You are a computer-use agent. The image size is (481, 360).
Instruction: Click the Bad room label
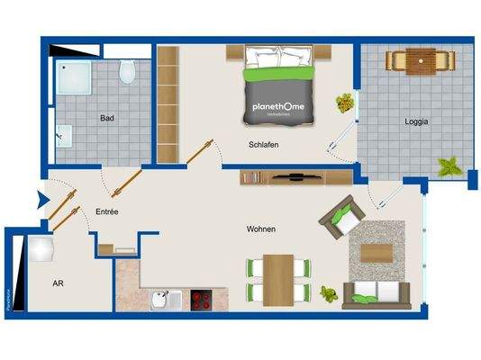click(107, 118)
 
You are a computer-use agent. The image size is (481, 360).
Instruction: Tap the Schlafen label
click(263, 144)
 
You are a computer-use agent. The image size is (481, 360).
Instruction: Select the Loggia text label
click(416, 121)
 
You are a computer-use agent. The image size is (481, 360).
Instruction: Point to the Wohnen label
click(260, 229)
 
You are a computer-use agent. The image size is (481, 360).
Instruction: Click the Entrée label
click(107, 211)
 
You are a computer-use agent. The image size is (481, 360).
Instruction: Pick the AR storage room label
click(58, 283)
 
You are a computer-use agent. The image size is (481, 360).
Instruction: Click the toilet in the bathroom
click(128, 68)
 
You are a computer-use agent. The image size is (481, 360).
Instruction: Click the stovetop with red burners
click(201, 300)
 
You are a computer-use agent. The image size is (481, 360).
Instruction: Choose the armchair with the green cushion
click(341, 217)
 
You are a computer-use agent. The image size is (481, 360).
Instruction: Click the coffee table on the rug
click(379, 251)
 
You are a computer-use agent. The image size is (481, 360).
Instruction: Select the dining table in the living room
click(278, 278)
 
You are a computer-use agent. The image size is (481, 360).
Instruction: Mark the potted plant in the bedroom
click(344, 103)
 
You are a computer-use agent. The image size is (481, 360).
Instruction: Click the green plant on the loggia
click(449, 167)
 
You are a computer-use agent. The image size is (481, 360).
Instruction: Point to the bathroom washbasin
click(62, 136)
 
